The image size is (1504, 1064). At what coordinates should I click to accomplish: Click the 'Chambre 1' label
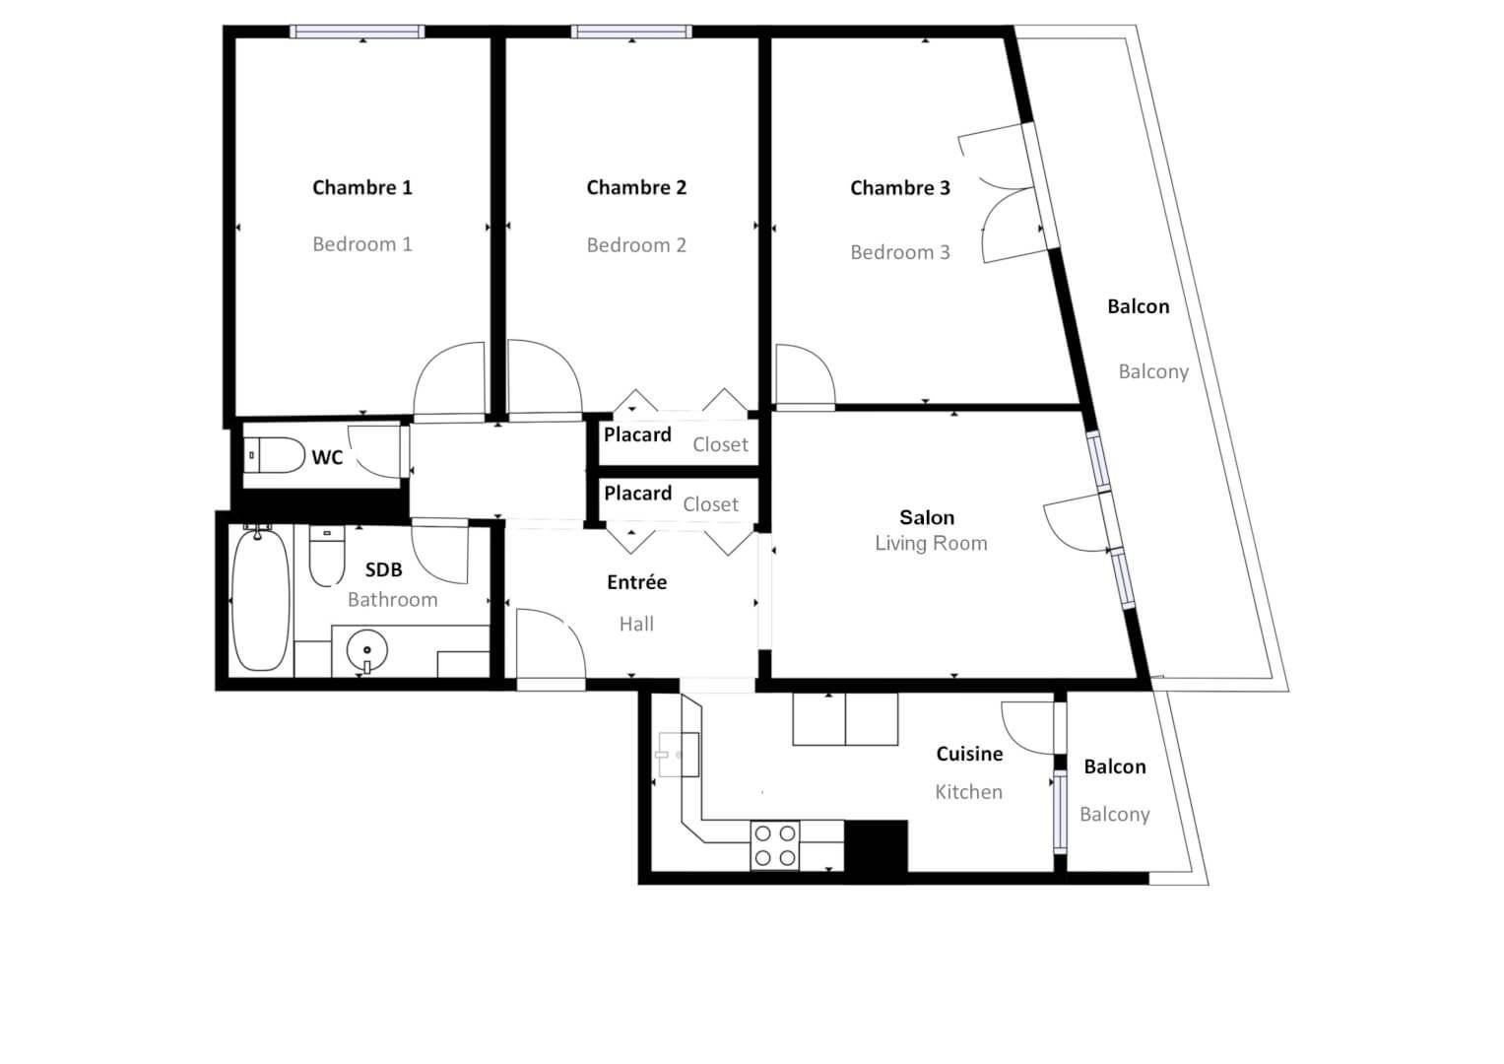pos(361,187)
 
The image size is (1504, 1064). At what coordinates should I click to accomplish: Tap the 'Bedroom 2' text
pos(636,245)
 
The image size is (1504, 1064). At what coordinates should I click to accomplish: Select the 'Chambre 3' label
pos(899,188)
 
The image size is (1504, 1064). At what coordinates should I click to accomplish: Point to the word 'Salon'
pos(927,517)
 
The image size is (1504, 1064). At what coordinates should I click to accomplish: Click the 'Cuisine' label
pos(969,754)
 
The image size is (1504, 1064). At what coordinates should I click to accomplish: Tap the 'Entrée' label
pos(636,581)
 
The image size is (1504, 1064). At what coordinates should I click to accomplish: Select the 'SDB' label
pos(383,569)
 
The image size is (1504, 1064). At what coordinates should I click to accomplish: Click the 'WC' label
pos(327,457)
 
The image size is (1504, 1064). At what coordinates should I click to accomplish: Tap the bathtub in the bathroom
pos(260,600)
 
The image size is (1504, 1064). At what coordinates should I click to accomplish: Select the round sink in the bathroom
pos(366,650)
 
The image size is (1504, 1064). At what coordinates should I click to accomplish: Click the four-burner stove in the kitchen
pos(775,845)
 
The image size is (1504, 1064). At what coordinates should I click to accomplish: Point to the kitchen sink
pos(679,755)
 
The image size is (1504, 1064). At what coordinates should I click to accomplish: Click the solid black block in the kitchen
pos(876,845)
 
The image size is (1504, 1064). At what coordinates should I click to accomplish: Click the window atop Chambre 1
pos(358,32)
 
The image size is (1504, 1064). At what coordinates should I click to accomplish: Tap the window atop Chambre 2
pos(631,32)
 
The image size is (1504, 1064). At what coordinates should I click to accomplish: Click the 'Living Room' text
pos(931,544)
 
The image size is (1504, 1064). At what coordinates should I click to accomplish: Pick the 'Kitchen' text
pos(969,792)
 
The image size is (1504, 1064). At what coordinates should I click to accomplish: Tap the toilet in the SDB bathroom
pos(326,556)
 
